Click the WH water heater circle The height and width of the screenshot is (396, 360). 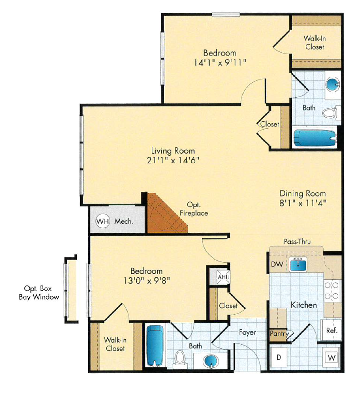(103, 221)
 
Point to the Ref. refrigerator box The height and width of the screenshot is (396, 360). (332, 331)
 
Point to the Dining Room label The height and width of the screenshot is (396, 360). (302, 193)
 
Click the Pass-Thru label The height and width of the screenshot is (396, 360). (297, 242)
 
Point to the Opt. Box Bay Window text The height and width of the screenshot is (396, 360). (39, 293)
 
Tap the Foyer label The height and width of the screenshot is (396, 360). (247, 332)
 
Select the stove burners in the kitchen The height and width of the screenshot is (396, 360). (332, 290)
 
